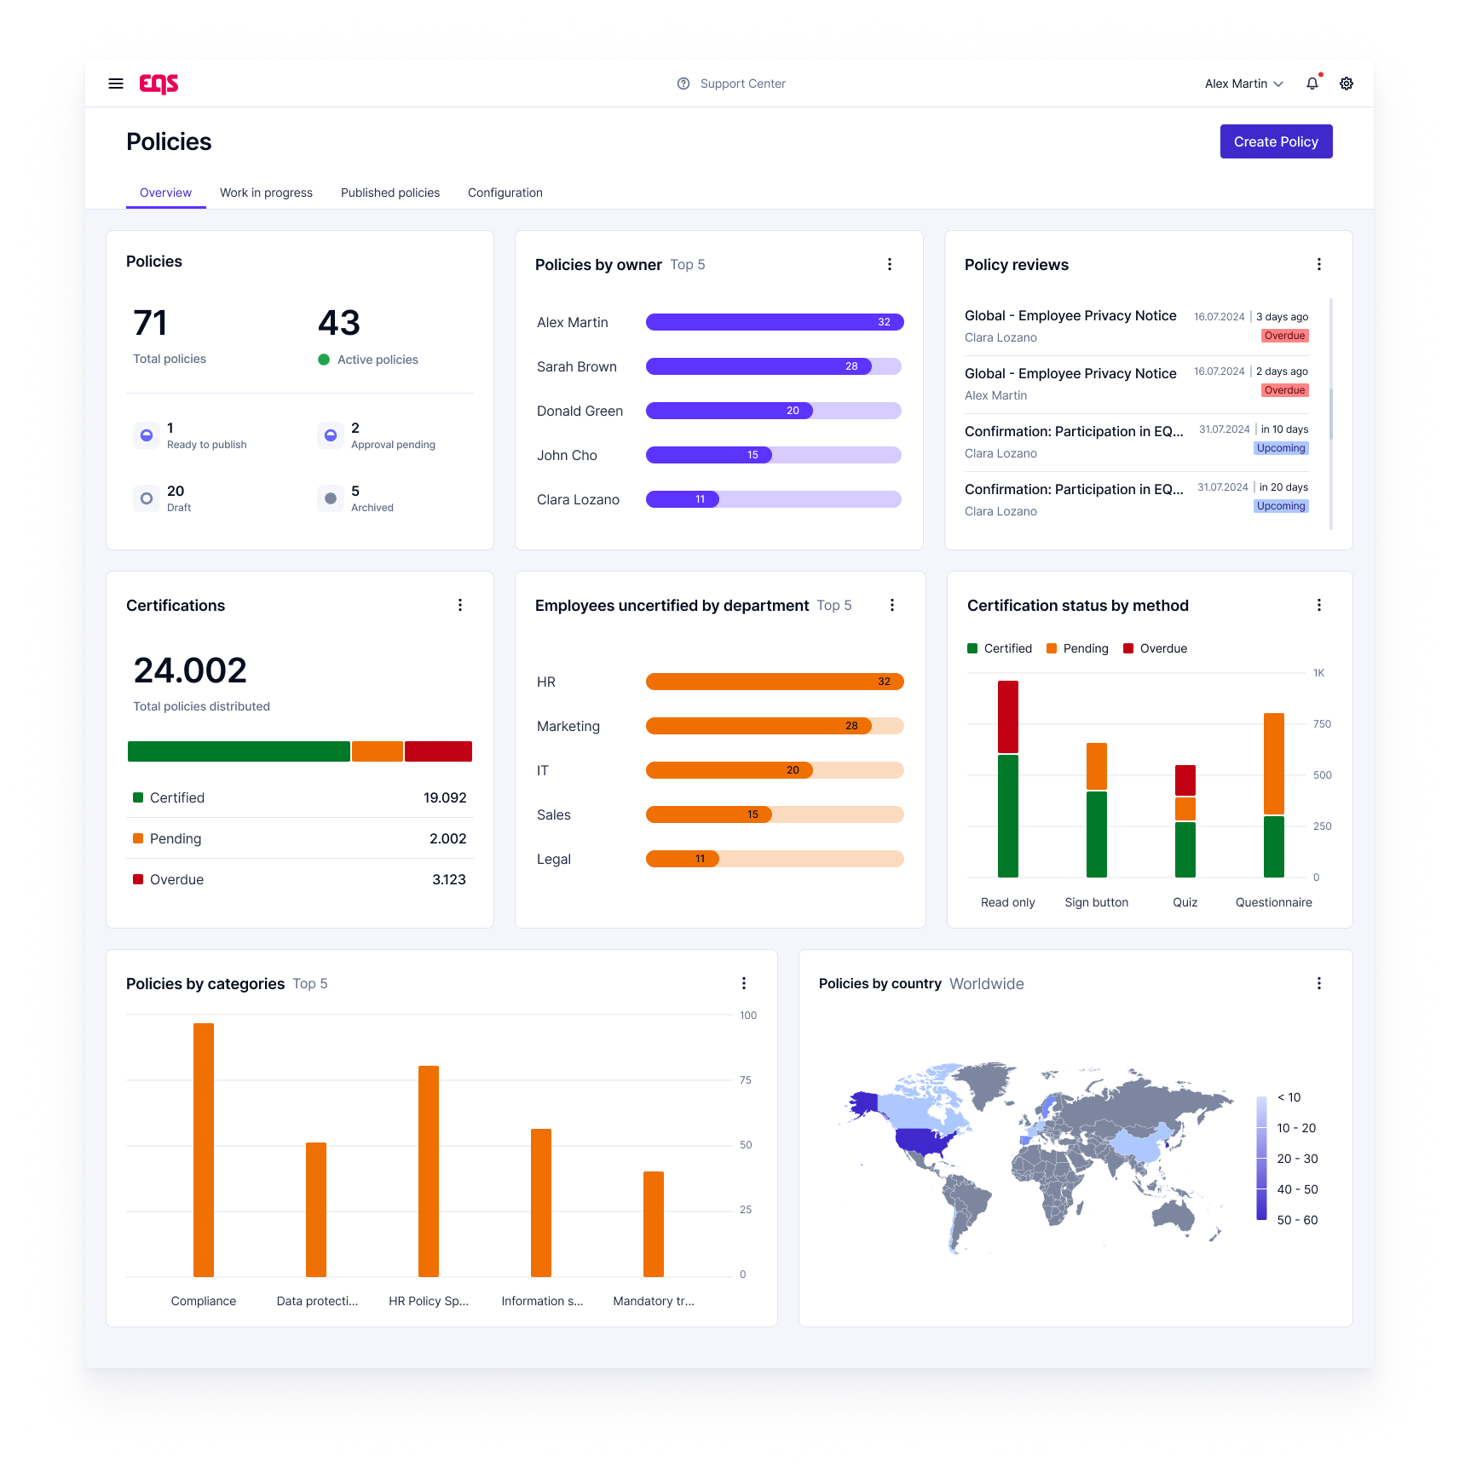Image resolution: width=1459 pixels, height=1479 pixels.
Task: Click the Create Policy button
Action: [1276, 141]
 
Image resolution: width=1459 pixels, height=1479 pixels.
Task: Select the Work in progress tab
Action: [266, 193]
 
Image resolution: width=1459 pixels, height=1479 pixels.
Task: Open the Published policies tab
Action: [390, 193]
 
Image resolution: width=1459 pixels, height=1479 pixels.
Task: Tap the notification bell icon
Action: [1312, 83]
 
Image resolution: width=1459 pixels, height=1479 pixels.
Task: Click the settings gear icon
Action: [1347, 83]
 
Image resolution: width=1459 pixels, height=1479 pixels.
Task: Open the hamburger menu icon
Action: [116, 83]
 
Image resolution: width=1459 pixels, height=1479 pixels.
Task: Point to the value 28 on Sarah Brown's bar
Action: [851, 366]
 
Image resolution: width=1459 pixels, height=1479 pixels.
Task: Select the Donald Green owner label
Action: [580, 411]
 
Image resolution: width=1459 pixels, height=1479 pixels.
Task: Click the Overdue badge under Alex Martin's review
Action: [1284, 390]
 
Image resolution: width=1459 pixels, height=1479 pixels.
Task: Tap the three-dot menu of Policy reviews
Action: [1319, 264]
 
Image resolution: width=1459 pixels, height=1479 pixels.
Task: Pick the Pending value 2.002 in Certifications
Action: [447, 838]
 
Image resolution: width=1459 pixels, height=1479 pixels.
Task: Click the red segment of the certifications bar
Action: [438, 751]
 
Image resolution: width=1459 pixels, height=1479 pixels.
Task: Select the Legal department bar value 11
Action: [700, 859]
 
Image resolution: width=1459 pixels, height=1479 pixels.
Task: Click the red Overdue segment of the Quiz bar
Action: [1185, 780]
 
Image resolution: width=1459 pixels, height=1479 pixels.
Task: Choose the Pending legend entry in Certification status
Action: [1078, 648]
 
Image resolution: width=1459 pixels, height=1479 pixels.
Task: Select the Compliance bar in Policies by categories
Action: [204, 1149]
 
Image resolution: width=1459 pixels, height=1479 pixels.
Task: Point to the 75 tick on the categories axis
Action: [746, 1080]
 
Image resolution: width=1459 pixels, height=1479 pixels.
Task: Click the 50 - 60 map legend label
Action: [1297, 1220]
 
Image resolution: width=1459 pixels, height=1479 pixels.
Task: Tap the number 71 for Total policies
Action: [151, 324]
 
